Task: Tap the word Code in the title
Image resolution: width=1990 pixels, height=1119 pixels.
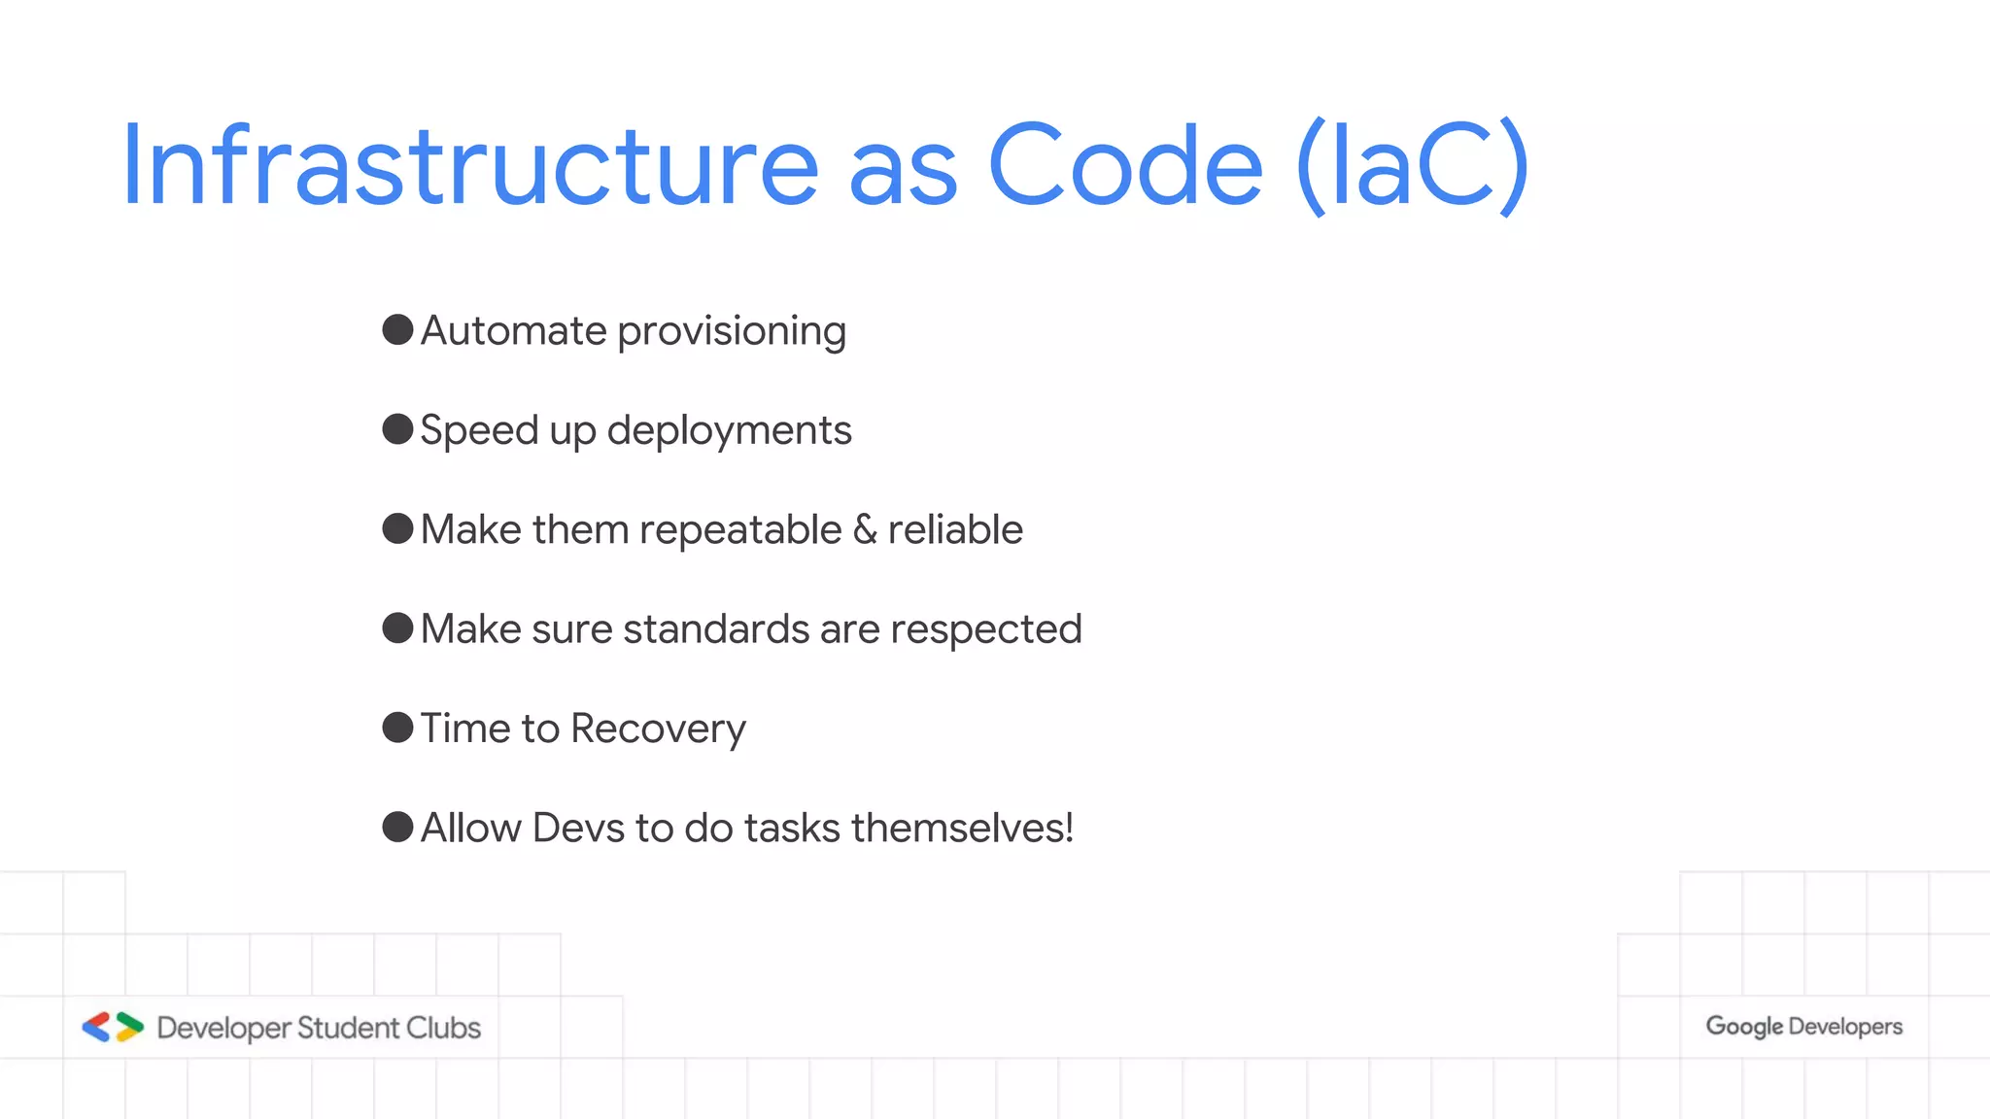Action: click(1125, 165)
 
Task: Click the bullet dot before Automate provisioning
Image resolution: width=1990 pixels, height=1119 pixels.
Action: click(397, 329)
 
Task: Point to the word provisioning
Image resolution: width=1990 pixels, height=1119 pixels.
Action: click(732, 332)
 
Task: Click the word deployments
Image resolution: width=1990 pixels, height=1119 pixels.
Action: click(729, 431)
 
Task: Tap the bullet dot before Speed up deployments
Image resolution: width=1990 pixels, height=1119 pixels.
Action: click(397, 428)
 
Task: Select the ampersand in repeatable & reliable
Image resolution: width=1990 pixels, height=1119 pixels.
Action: click(865, 530)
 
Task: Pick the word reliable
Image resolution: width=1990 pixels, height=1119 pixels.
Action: click(955, 530)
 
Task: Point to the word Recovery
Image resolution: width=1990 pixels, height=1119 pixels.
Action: click(658, 729)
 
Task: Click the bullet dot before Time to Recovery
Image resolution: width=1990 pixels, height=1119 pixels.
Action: click(397, 727)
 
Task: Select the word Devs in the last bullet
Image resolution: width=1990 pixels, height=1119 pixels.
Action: click(578, 829)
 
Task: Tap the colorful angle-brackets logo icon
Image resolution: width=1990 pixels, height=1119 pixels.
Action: click(113, 1027)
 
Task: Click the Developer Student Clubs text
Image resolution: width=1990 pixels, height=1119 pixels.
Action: click(319, 1028)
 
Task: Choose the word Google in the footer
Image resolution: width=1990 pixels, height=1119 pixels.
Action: click(1744, 1027)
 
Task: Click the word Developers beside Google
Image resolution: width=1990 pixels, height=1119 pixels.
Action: click(1845, 1027)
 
